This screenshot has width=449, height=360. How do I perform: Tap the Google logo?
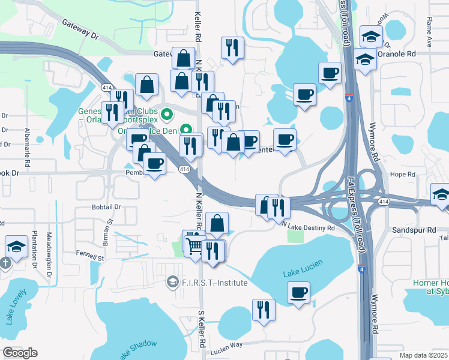[x=20, y=352]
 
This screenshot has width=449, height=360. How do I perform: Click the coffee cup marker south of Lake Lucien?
[x=298, y=293]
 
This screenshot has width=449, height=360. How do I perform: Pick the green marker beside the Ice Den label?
[x=186, y=129]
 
